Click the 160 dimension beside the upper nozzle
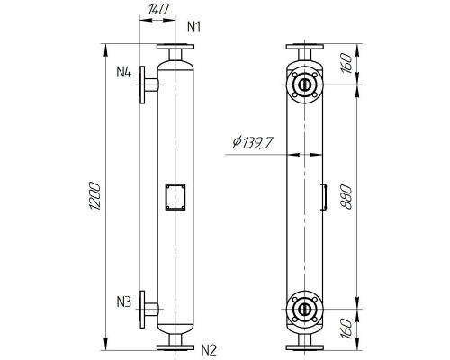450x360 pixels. pyautogui.click(x=348, y=64)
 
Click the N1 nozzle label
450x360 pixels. pyautogui.click(x=193, y=27)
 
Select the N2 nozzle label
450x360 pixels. pyautogui.click(x=208, y=349)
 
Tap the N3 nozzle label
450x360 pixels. pyautogui.click(x=124, y=300)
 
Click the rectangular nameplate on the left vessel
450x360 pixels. pyautogui.click(x=174, y=196)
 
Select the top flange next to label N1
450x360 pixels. pyautogui.click(x=174, y=48)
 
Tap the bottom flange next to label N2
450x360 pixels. pyautogui.click(x=174, y=347)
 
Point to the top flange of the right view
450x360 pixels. pyautogui.click(x=305, y=48)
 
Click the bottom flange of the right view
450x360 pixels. pyautogui.click(x=305, y=347)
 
